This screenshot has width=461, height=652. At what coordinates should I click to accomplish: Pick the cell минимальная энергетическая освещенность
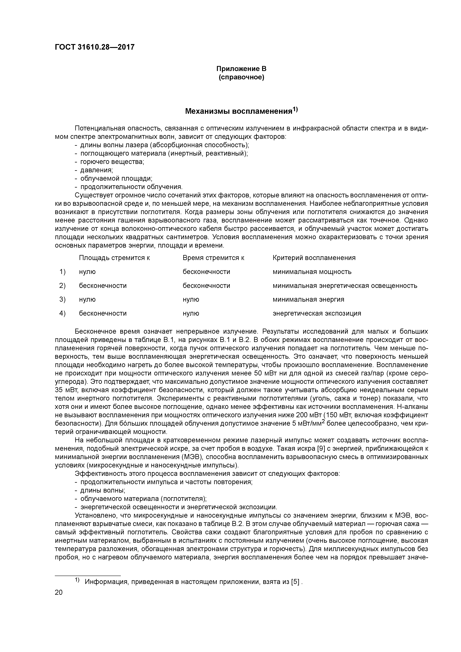click(x=345, y=286)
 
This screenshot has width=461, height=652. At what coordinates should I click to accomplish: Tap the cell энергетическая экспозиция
click(x=317, y=314)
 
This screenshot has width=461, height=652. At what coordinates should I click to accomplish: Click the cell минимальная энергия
click(x=308, y=300)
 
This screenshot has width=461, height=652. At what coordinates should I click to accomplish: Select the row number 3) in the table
click(x=62, y=300)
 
